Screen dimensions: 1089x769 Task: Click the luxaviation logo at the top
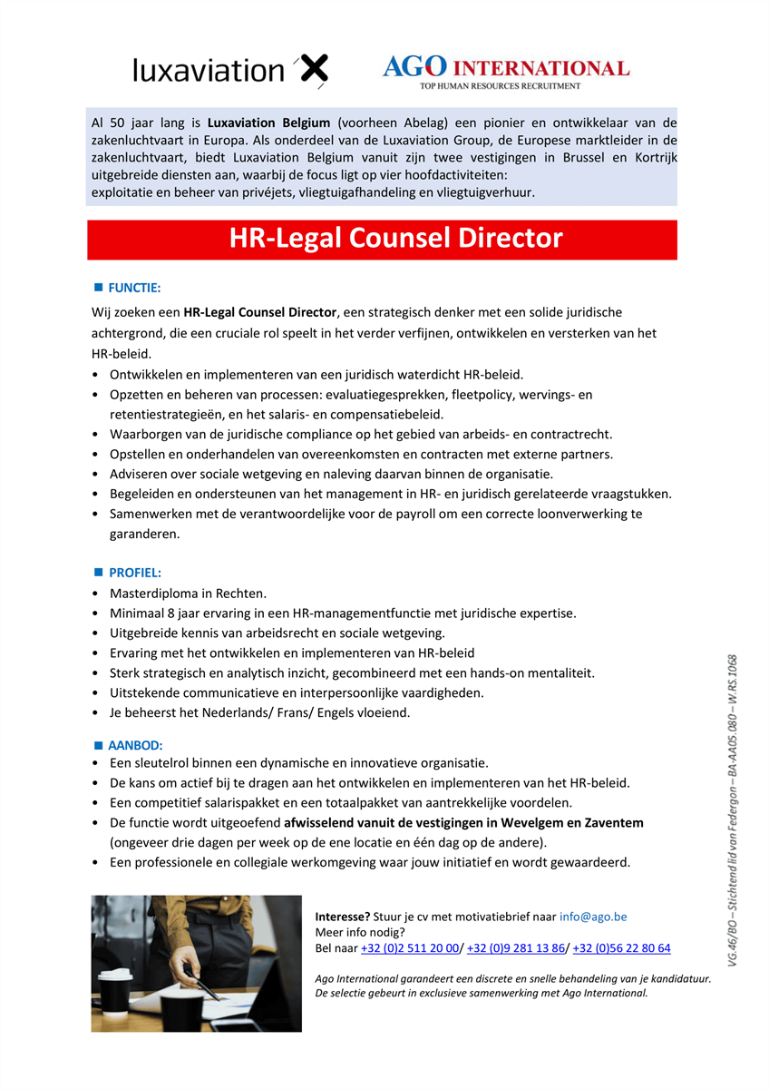click(x=230, y=71)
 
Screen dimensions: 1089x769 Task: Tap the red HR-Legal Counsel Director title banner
click(x=395, y=239)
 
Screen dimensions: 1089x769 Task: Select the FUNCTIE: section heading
click(x=134, y=288)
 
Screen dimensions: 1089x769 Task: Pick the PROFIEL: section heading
click(x=135, y=573)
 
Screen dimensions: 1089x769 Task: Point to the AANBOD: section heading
click(x=135, y=745)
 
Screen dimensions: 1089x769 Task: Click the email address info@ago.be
click(x=593, y=917)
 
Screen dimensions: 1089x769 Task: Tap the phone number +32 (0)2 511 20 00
click(x=410, y=948)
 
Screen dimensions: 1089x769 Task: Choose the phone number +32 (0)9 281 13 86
click(x=516, y=948)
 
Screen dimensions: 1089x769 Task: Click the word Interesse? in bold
click(x=343, y=917)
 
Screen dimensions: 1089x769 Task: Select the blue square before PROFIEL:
click(x=99, y=573)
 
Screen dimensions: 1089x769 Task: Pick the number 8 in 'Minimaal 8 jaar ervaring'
click(x=168, y=613)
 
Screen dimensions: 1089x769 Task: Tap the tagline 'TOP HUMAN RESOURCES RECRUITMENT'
click(x=500, y=86)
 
